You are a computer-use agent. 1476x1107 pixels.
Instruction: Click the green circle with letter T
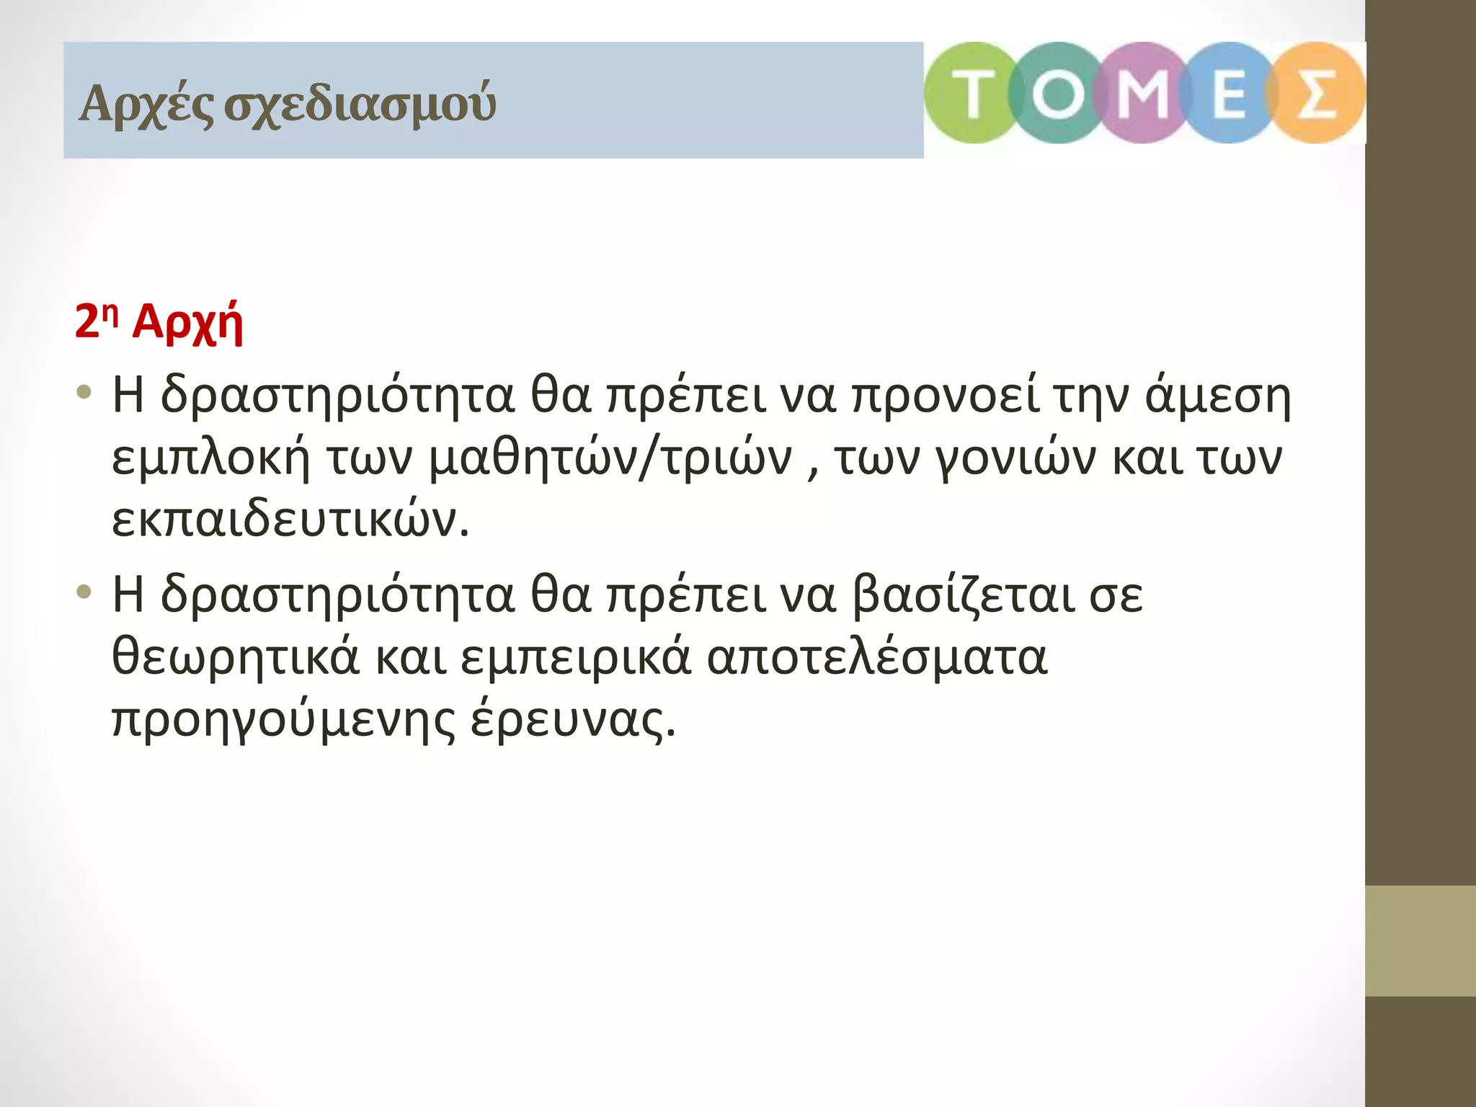(972, 93)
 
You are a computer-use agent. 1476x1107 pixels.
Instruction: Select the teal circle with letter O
(1057, 93)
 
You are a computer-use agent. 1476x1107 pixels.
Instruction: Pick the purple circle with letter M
(1142, 93)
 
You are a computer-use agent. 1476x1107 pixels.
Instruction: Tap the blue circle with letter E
(1228, 93)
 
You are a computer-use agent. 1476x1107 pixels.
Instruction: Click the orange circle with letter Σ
(1316, 93)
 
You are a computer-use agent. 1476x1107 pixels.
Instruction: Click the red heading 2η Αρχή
(159, 321)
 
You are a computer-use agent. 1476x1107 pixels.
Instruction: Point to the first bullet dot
(85, 393)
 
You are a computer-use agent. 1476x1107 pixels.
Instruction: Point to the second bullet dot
(85, 592)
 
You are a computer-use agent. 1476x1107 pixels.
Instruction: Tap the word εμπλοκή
(210, 458)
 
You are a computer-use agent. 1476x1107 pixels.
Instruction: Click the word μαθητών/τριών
(610, 458)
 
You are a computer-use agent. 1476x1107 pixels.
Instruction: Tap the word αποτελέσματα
(876, 657)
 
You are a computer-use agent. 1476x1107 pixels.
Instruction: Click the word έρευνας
(574, 719)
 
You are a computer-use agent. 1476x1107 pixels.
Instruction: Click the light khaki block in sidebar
(1420, 941)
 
